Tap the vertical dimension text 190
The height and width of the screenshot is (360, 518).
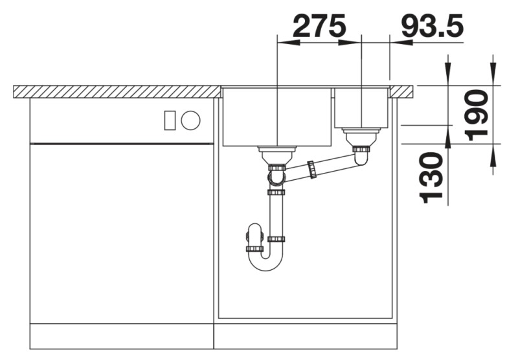477,116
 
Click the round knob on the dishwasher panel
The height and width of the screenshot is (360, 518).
190,120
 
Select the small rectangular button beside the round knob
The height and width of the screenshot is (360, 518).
170,120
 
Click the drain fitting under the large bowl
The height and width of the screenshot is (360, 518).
276,155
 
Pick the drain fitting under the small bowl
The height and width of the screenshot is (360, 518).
361,138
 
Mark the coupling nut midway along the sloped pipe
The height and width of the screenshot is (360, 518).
313,169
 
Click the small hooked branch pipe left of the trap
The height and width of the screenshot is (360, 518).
254,237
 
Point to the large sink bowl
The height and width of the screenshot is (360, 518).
277,117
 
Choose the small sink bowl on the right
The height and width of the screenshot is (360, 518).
361,107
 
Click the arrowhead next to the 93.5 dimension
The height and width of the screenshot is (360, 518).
398,43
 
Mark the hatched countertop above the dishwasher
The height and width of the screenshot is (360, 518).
117,91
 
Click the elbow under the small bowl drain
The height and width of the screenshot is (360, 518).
361,158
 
